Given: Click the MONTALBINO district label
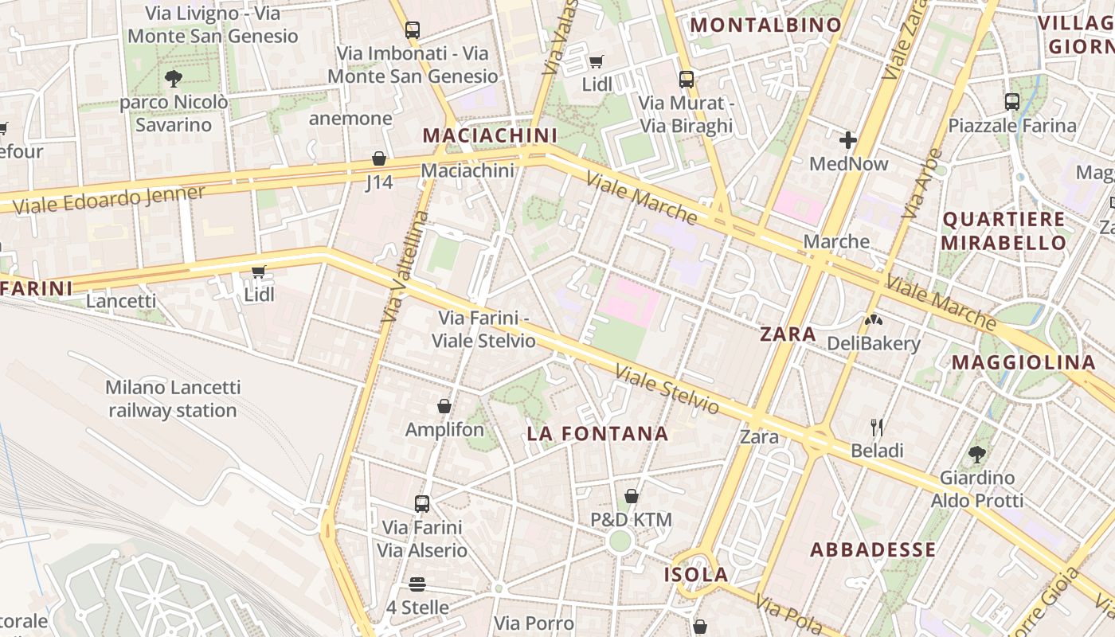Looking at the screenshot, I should click(x=765, y=25).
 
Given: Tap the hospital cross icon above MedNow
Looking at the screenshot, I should click(x=848, y=141).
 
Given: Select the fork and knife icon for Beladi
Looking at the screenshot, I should click(x=877, y=428).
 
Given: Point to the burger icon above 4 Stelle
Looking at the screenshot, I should click(x=417, y=584).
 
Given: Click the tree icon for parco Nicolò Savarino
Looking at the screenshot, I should click(x=173, y=78).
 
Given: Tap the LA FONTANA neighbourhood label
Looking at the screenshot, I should click(x=597, y=434).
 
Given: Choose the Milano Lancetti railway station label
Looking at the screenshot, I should click(x=173, y=399).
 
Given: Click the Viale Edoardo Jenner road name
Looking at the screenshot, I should click(x=109, y=199).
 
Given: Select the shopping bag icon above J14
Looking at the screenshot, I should click(x=379, y=159).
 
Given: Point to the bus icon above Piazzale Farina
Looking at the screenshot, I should click(x=1012, y=102).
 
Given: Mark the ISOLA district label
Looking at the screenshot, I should click(x=697, y=575).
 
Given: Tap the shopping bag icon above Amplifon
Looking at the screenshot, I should click(x=444, y=407).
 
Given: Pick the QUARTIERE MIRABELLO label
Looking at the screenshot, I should click(x=1003, y=231).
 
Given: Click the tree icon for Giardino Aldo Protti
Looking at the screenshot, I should click(x=977, y=455).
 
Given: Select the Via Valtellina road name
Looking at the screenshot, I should click(x=405, y=267).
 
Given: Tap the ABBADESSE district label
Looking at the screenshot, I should click(x=873, y=550).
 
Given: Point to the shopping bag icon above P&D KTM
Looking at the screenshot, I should click(x=632, y=497).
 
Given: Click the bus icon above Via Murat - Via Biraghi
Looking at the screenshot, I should click(x=687, y=80).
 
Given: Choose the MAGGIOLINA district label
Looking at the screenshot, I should click(x=1023, y=362).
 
